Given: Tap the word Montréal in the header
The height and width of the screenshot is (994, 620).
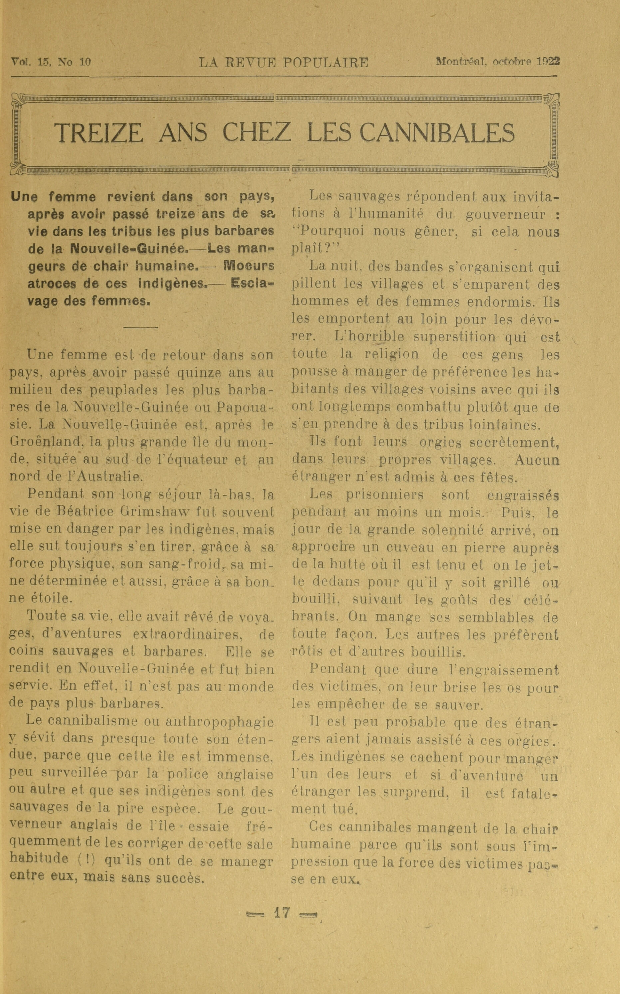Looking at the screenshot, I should tap(461, 62).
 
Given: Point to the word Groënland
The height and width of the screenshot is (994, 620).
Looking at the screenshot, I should tap(45, 442).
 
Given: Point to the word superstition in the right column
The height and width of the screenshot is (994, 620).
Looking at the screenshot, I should tap(459, 337).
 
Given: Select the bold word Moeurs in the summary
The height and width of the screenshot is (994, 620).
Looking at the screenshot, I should tap(249, 266).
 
